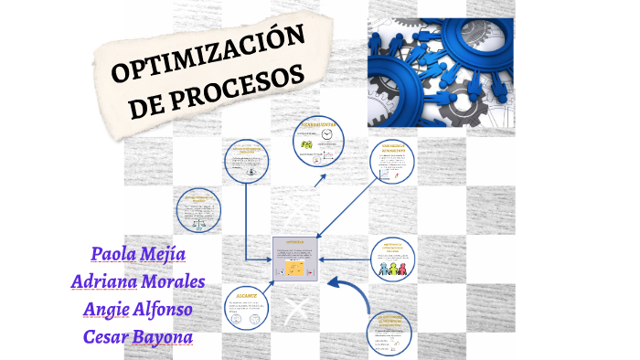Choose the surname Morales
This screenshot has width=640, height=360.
click(173, 281)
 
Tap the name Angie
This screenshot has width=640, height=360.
click(111, 309)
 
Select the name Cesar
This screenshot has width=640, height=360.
click(109, 335)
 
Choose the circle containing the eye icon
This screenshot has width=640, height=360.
click(250, 166)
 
